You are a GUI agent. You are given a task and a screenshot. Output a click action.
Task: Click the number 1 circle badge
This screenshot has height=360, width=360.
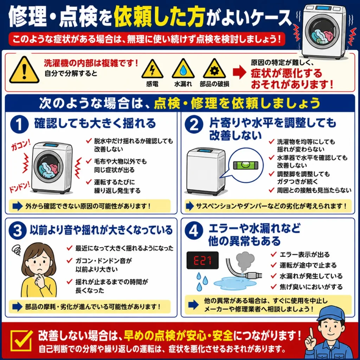coord(19,124)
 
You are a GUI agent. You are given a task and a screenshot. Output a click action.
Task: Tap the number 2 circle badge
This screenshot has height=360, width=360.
coord(194,124)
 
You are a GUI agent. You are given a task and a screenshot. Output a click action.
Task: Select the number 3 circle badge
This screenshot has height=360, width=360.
coord(18,231)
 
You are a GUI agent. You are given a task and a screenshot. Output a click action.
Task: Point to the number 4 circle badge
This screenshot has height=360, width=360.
coord(194,231)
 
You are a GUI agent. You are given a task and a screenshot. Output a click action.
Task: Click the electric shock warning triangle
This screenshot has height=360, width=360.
coord(152,69)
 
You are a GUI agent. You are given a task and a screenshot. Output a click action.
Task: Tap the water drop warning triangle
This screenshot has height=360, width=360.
coord(183,69)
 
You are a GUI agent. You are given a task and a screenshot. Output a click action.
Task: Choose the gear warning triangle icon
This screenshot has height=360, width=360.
coord(214,69)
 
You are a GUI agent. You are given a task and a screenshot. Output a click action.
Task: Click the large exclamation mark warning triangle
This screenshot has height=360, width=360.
coord(24,70)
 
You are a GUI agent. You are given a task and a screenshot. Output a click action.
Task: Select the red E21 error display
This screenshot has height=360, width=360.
coord(202,261)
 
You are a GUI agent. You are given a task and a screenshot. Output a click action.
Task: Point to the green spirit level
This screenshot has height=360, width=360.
coord(246,165)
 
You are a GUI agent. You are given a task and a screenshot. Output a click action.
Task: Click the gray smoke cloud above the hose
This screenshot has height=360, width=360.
coord(245,261)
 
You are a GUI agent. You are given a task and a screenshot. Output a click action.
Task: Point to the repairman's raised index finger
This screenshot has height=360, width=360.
coord(311,333)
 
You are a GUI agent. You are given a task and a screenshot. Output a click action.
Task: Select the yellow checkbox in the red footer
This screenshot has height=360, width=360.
coord(21,341)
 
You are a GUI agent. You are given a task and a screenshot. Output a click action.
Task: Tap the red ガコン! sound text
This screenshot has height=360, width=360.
coord(21,145)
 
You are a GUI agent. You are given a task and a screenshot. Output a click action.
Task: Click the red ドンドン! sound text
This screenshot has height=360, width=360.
coord(20,187)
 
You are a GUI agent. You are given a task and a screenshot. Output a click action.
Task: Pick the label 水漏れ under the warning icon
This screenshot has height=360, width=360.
coord(183,84)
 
